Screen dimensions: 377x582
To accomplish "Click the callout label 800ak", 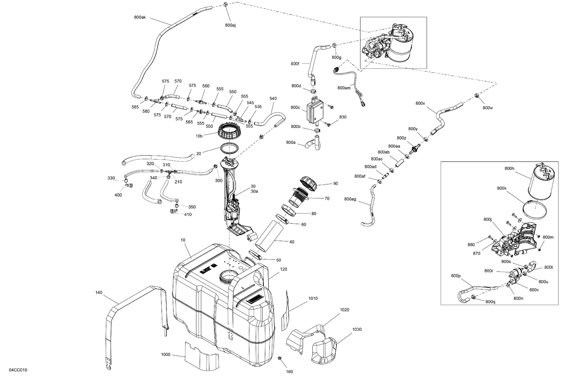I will (x=140, y=17).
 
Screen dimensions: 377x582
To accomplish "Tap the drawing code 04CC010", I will (x=18, y=370).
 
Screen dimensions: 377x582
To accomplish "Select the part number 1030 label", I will (x=357, y=329).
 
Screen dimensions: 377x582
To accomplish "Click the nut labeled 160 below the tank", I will (x=279, y=358).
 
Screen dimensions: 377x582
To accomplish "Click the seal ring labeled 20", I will (x=230, y=149).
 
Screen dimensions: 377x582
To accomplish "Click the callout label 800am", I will (x=344, y=88).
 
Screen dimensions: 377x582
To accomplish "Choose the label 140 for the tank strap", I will (x=99, y=292).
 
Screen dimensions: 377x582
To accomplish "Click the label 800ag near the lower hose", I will (x=350, y=199).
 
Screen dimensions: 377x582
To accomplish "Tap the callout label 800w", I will (x=488, y=107).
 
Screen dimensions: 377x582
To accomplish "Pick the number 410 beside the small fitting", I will (x=188, y=214).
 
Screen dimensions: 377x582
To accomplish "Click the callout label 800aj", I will (x=230, y=25).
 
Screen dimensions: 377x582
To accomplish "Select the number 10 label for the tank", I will (x=183, y=240).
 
